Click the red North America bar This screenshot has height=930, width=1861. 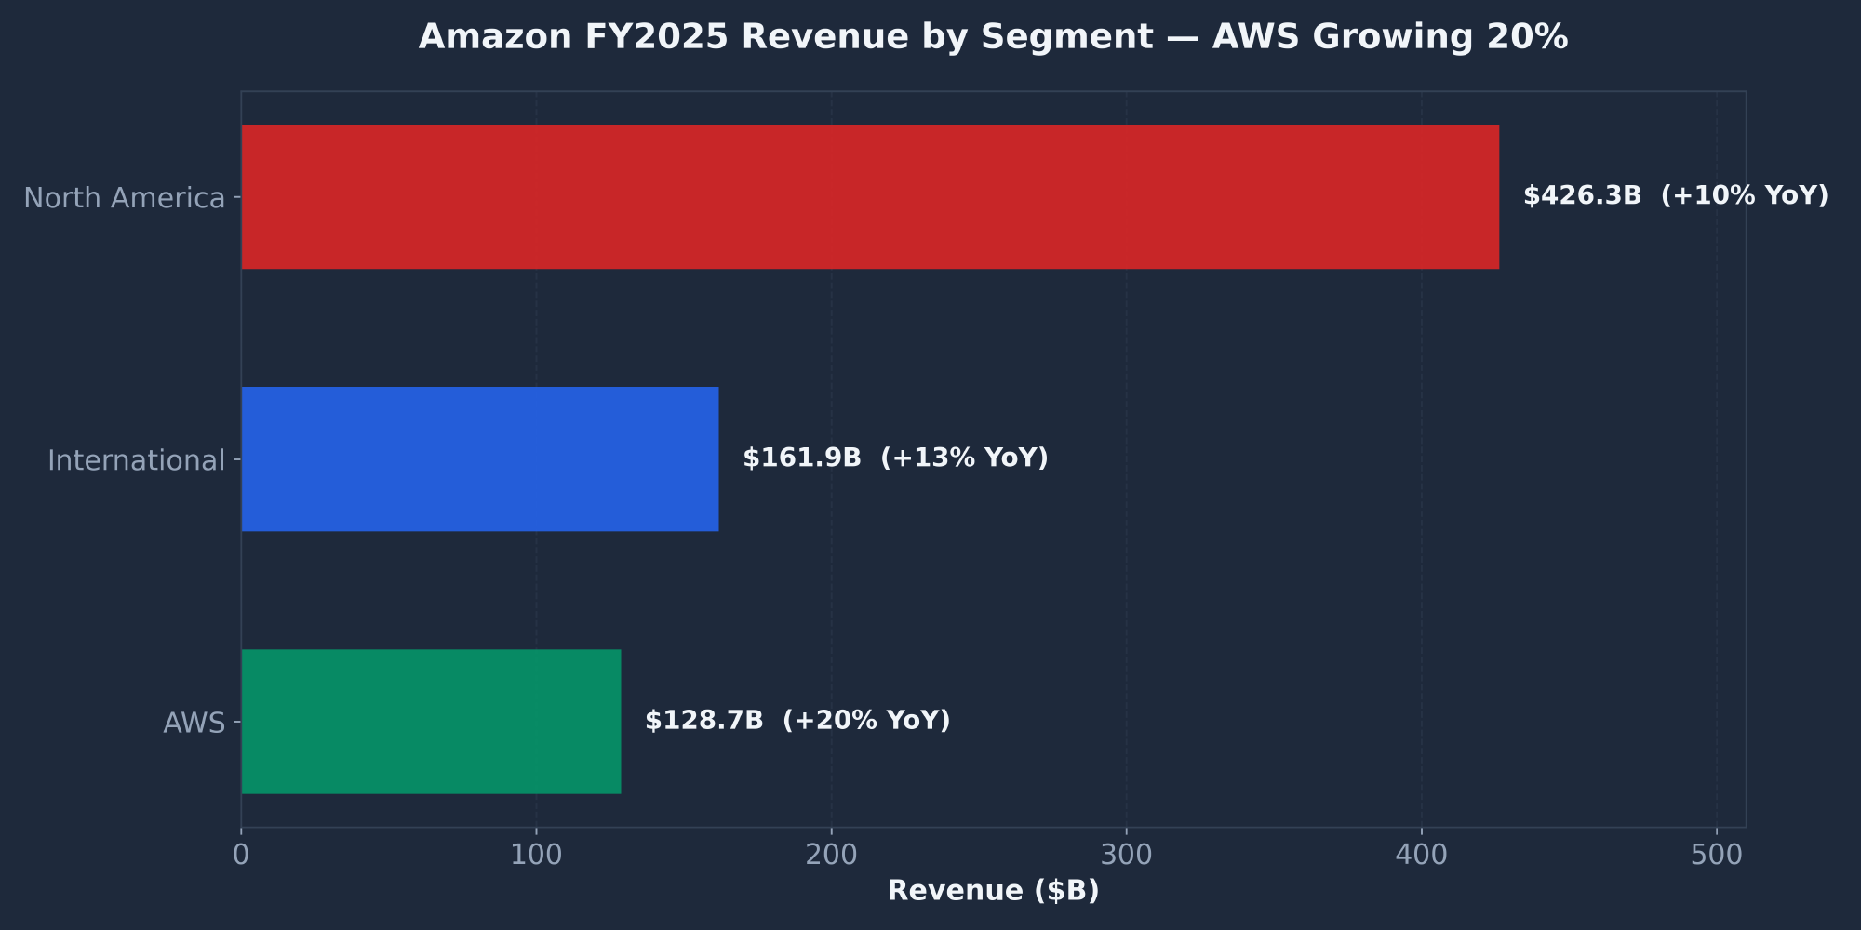pos(870,197)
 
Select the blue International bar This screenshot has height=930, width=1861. pos(480,459)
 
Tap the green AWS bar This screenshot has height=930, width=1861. pos(431,722)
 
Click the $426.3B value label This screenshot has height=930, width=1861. pos(1582,196)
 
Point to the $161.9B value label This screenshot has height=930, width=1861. pos(802,458)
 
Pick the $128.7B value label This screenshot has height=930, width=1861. pos(704,721)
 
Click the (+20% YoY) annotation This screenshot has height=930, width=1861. pos(866,721)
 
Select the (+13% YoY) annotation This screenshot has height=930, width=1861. pos(964,458)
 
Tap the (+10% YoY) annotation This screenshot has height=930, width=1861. pos(1745,196)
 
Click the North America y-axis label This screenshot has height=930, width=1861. pos(125,198)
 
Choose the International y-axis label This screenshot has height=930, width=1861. pos(137,460)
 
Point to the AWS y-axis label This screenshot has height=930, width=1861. pos(194,723)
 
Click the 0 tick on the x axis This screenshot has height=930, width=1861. pos(241,855)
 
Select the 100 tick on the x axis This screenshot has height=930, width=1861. pos(536,855)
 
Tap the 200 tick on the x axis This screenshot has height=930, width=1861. pos(831,855)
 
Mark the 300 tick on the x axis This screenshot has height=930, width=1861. pos(1126,855)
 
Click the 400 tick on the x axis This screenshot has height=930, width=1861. pos(1421,855)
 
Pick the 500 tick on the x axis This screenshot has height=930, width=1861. pos(1717,855)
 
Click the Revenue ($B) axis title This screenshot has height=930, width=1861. pos(993,891)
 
